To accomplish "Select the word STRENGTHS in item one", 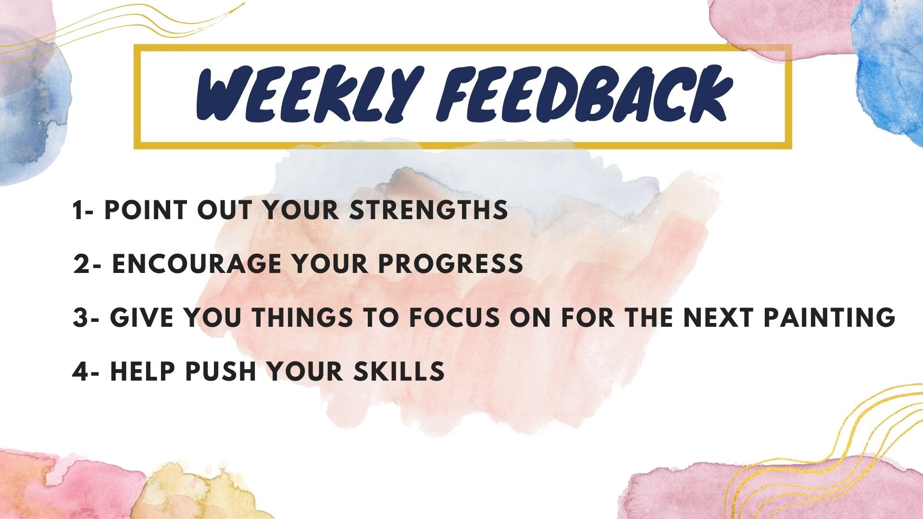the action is pyautogui.click(x=428, y=210).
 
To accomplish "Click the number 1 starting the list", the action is pyautogui.click(x=77, y=210).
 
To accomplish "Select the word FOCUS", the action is pyautogui.click(x=454, y=318).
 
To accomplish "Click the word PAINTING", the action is pyautogui.click(x=829, y=318).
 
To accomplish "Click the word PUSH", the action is pyautogui.click(x=221, y=371).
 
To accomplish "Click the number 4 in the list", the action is pyautogui.click(x=80, y=371).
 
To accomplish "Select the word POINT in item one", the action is pyautogui.click(x=145, y=210).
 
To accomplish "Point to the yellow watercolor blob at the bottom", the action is pyautogui.click(x=192, y=490).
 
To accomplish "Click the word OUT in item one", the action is pyautogui.click(x=225, y=210).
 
